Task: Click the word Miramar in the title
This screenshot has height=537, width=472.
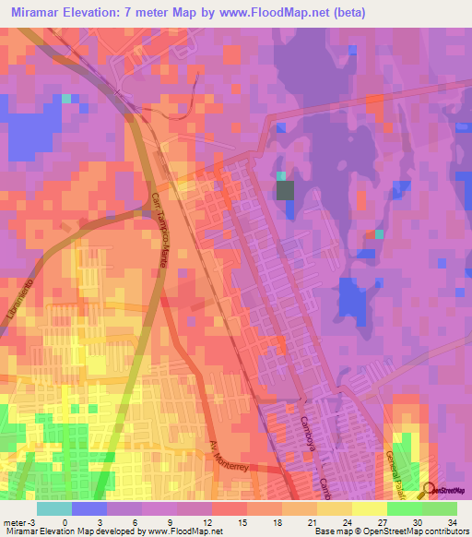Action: [44, 13]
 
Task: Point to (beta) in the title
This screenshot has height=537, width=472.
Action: [349, 13]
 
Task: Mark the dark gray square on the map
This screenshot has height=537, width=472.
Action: [286, 191]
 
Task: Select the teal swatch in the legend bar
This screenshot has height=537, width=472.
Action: [54, 507]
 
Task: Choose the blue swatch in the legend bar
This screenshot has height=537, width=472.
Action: [89, 507]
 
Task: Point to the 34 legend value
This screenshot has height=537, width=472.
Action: [451, 521]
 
